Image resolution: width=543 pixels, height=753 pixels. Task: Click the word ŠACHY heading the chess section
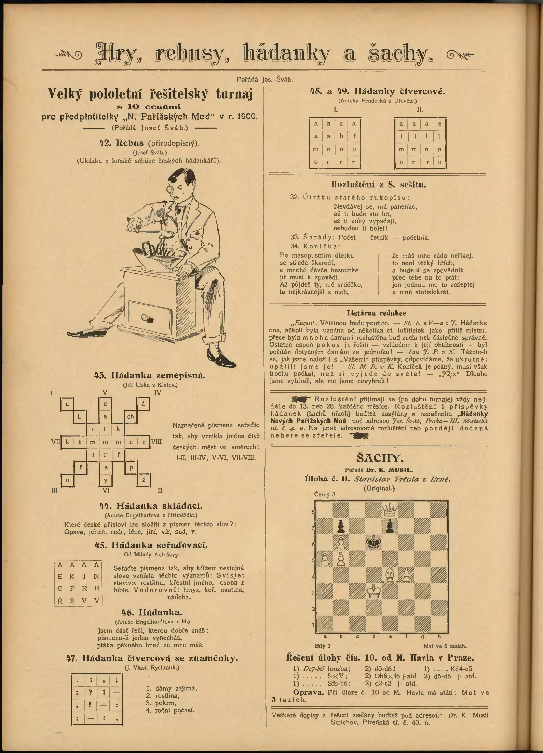[x=380, y=458]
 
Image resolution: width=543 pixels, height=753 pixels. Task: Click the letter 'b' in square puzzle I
[x=341, y=136]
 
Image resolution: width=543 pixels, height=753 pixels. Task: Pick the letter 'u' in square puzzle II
[x=439, y=162]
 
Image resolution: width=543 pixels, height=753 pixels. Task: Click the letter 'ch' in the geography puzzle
[x=130, y=416]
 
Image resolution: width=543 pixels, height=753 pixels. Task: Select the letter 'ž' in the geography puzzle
[x=144, y=480]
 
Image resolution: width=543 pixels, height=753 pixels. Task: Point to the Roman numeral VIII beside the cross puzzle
[x=157, y=442]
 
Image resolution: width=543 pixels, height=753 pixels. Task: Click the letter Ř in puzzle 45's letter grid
[x=60, y=601]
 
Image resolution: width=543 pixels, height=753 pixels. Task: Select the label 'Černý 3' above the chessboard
[x=325, y=494]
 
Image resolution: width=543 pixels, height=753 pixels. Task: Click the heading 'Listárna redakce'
[x=377, y=313]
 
